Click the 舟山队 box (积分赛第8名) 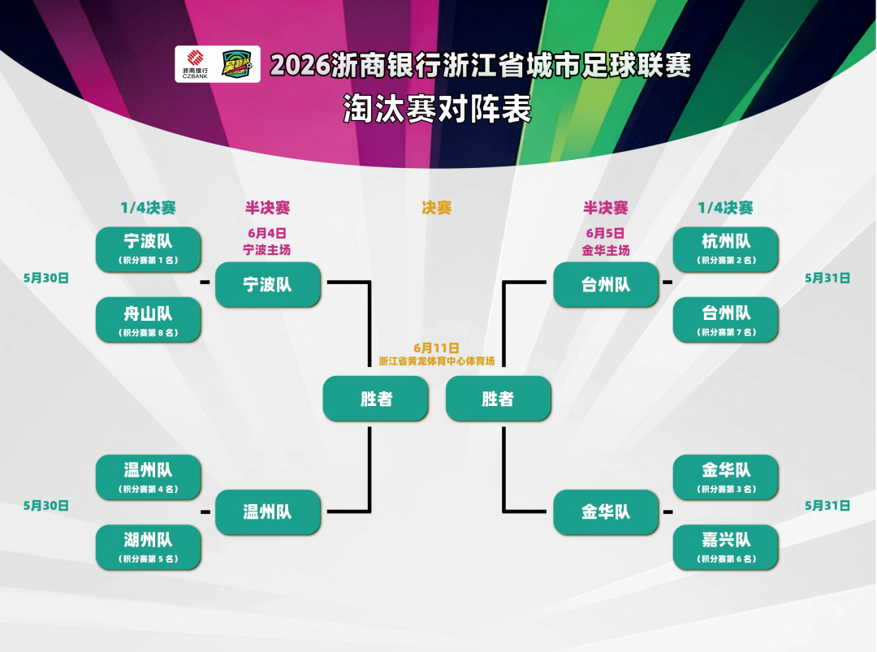click(149, 319)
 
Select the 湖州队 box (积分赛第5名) click(149, 547)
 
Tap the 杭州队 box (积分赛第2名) click(725, 248)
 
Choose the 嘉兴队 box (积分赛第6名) click(725, 547)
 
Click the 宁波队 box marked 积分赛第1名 click(149, 248)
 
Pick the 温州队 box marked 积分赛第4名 click(149, 477)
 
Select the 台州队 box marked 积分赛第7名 click(725, 319)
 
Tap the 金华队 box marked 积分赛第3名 click(725, 477)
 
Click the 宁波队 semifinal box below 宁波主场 click(268, 285)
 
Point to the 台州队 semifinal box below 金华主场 click(606, 285)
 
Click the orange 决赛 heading click(436, 208)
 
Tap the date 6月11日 click(436, 348)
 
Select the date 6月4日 click(267, 233)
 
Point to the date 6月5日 click(605, 233)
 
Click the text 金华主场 click(606, 250)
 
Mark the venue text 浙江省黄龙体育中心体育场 click(437, 361)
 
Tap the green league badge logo click(237, 64)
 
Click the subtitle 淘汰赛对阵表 click(437, 109)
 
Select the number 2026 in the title click(300, 66)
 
